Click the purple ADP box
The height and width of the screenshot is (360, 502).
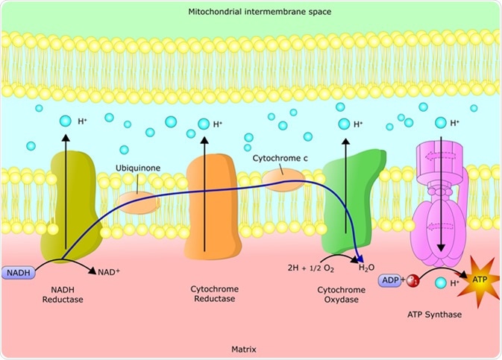(x=389, y=280)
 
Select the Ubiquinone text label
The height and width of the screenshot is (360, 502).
(x=135, y=169)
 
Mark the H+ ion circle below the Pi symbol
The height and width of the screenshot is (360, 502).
(x=440, y=283)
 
